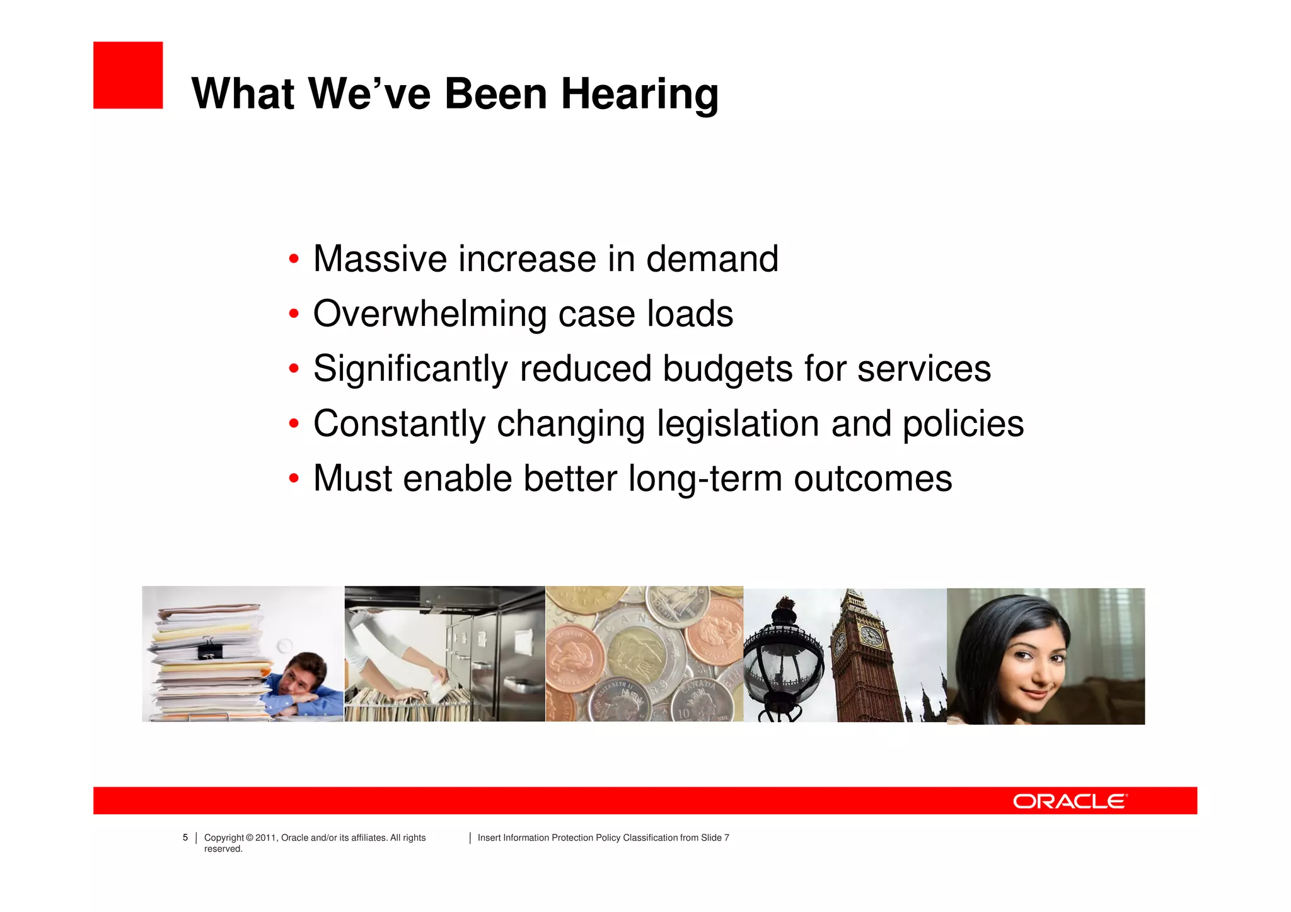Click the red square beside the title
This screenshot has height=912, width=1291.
pos(128,76)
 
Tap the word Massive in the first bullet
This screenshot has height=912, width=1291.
pos(380,259)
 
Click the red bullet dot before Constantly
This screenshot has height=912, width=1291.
pos(293,424)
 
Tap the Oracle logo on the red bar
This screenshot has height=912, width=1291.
pos(1070,801)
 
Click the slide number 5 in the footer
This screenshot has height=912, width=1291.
pos(185,838)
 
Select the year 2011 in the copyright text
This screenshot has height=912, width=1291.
pos(265,838)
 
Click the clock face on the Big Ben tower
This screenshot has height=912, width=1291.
pos(871,635)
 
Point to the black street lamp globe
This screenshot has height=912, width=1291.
pos(782,668)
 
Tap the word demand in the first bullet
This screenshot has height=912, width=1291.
pos(712,259)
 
